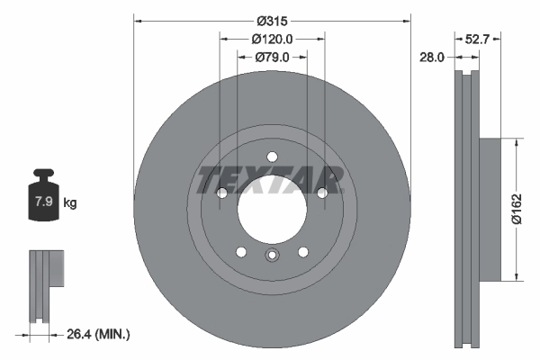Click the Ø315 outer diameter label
[271, 20]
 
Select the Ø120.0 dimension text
[272, 39]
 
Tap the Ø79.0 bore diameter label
[272, 57]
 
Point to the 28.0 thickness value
[433, 57]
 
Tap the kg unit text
[70, 203]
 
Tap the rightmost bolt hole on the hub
[321, 192]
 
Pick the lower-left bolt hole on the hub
[241, 251]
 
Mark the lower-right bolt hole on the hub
[302, 251]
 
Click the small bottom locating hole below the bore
[272, 256]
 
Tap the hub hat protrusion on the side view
[487, 208]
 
